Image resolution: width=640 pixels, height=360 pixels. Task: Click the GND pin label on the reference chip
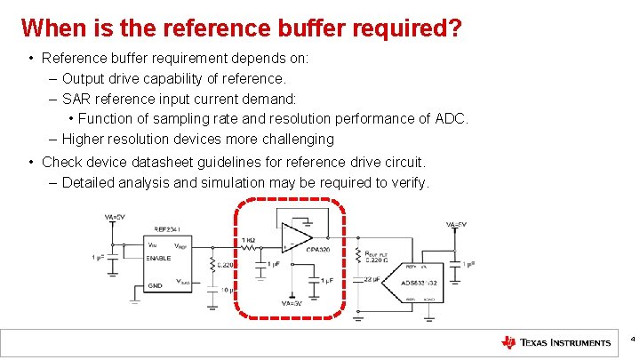click(155, 286)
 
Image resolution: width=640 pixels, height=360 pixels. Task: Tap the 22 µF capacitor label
click(371, 279)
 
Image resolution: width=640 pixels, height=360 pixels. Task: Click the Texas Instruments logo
click(556, 342)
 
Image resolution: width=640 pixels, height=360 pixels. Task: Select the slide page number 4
click(632, 340)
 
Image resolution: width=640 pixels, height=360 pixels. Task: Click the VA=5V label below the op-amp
click(291, 304)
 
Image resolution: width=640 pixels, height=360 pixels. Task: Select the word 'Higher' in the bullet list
click(83, 139)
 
